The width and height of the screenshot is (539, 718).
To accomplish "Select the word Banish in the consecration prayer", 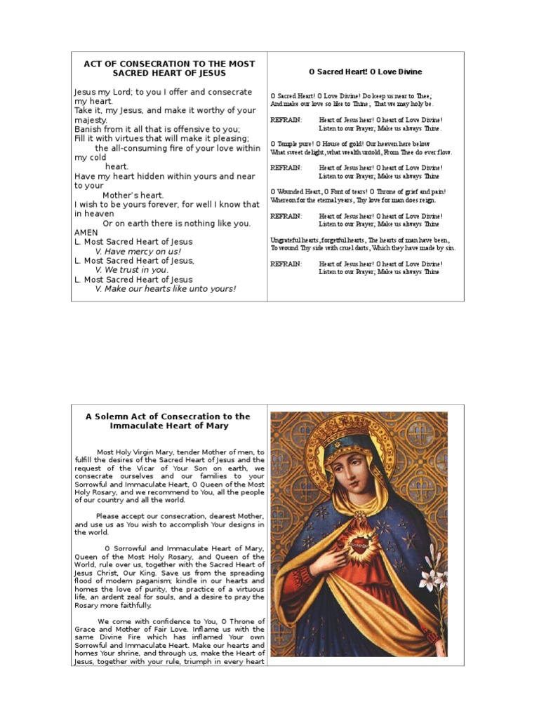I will (88, 129).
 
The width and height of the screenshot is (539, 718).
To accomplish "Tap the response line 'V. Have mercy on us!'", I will (138, 251).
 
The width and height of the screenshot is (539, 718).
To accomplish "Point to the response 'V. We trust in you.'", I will (131, 270).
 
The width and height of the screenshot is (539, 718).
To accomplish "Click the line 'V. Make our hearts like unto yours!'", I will (165, 289).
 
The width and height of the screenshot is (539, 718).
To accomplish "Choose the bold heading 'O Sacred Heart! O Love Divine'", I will (365, 72).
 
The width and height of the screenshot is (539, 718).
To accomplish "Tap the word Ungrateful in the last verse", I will (288, 240).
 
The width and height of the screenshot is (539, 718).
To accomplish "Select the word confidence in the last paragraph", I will (160, 621).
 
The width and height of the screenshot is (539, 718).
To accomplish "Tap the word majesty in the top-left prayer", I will (90, 120).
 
